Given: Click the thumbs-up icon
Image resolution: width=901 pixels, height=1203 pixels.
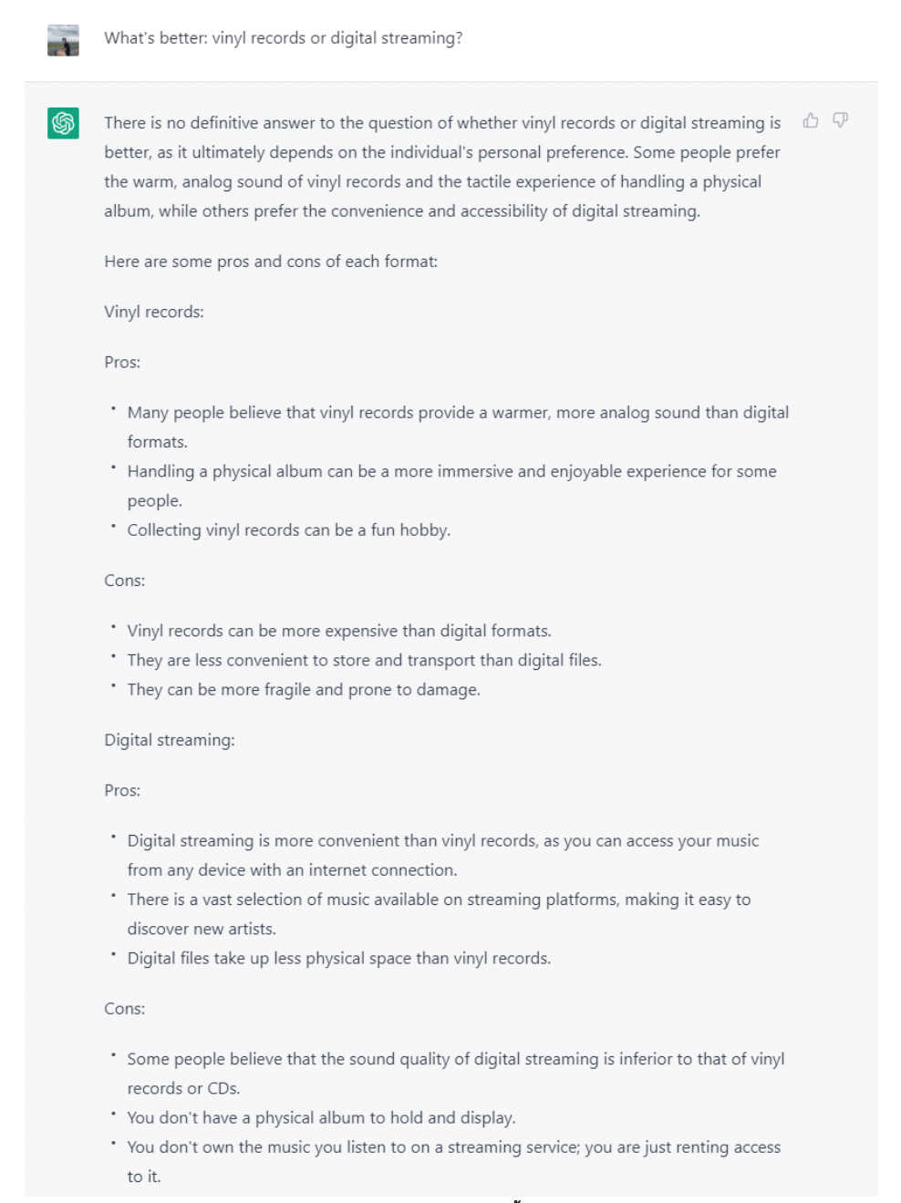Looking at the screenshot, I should coord(811,120).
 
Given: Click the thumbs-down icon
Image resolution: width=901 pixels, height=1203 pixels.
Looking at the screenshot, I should coord(841,120).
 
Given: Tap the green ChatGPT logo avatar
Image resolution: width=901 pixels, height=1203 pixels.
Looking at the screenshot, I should coord(64,123).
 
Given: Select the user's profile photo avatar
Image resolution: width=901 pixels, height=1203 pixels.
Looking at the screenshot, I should coord(64,40).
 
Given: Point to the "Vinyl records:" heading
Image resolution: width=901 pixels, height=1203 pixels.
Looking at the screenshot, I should coord(154,312).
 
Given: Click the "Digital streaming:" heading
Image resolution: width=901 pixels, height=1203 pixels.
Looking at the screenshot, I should coord(170,740).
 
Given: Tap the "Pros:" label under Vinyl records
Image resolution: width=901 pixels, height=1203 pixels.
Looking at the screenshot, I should coord(122,362).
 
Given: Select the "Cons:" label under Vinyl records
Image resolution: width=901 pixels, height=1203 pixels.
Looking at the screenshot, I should coord(125,581).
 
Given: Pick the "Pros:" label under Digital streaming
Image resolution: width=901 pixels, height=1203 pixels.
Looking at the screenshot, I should coord(122,790).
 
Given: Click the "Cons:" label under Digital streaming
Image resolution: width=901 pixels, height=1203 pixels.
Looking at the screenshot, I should coord(125,1009).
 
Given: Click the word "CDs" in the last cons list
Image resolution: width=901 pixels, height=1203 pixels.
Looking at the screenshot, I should coord(223,1088).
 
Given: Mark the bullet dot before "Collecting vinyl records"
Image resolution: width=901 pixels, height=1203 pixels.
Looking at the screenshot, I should coord(113,526).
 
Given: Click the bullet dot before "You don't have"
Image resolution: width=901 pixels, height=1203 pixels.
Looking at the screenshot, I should coord(113,1114).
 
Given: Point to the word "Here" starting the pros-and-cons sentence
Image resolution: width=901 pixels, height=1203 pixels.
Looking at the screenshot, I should coord(121,262).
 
